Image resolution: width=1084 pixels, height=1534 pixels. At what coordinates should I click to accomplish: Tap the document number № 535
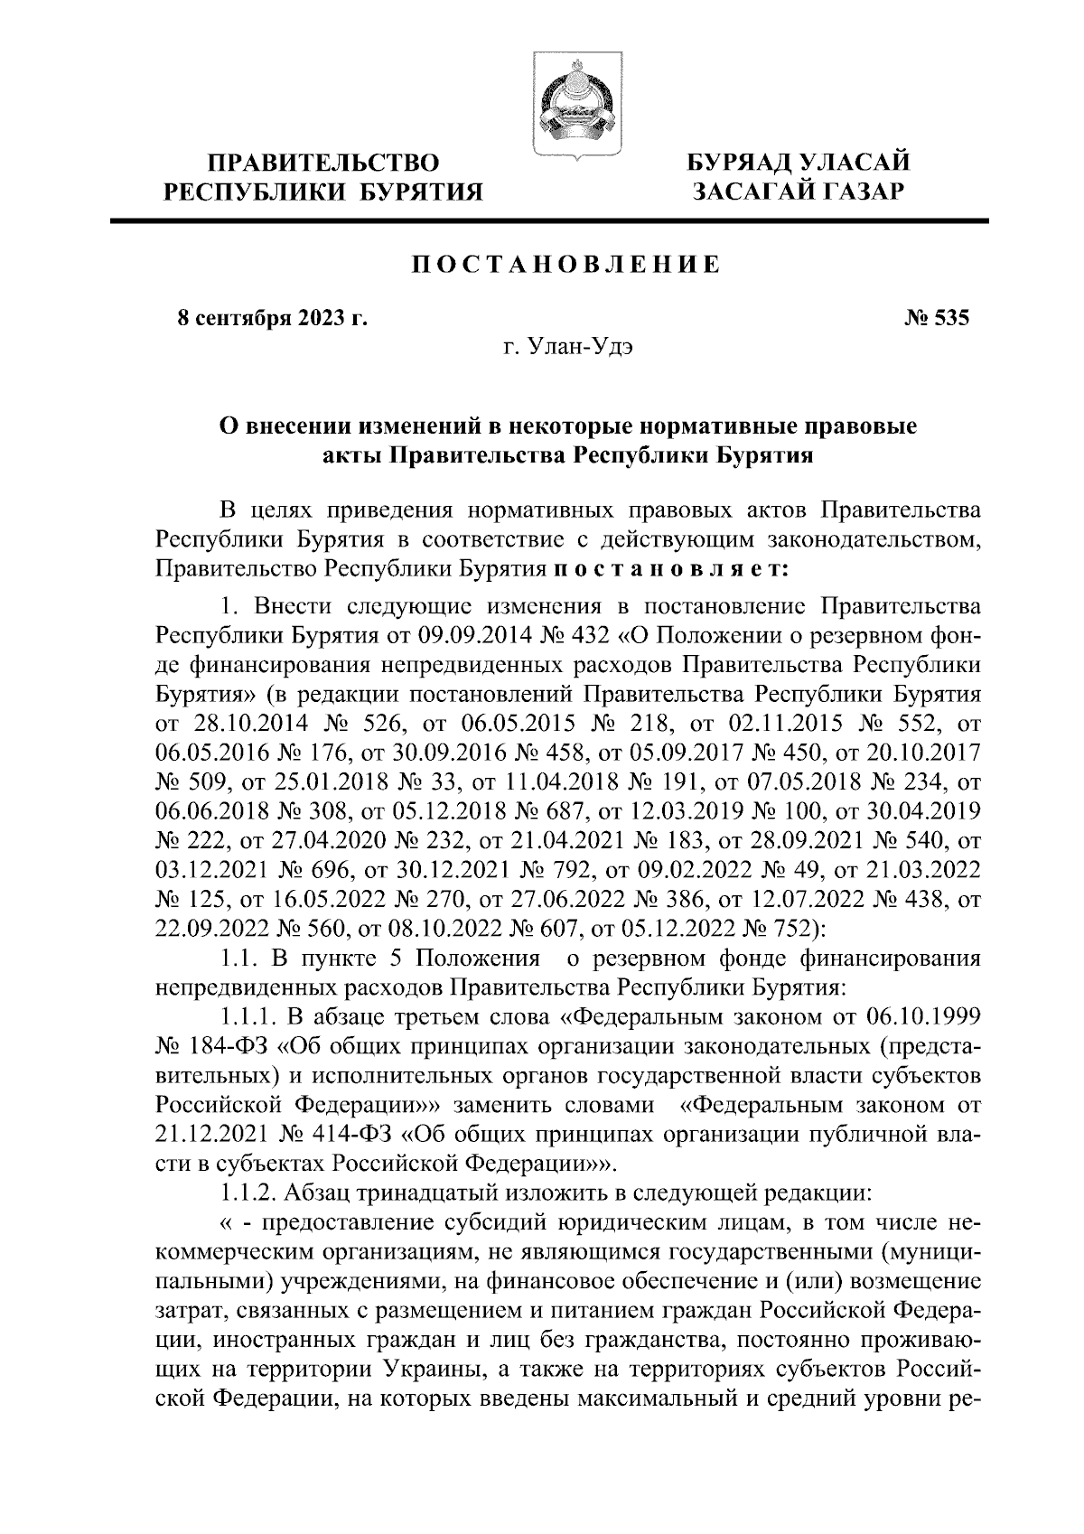tap(936, 318)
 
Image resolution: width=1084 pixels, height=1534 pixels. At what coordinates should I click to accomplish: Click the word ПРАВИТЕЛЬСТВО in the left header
tap(324, 164)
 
